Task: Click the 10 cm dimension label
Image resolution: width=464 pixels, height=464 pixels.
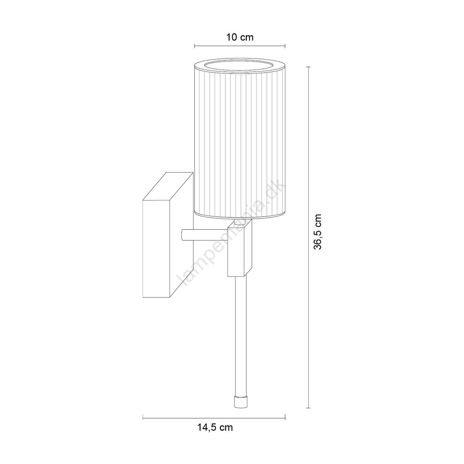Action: [x=240, y=38]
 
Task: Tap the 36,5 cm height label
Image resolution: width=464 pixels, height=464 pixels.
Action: [x=318, y=232]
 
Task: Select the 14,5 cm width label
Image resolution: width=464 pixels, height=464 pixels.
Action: [x=215, y=427]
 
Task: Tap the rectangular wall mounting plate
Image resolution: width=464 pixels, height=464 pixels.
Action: [x=168, y=235]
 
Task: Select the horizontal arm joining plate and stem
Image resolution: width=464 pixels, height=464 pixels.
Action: [x=205, y=235]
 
